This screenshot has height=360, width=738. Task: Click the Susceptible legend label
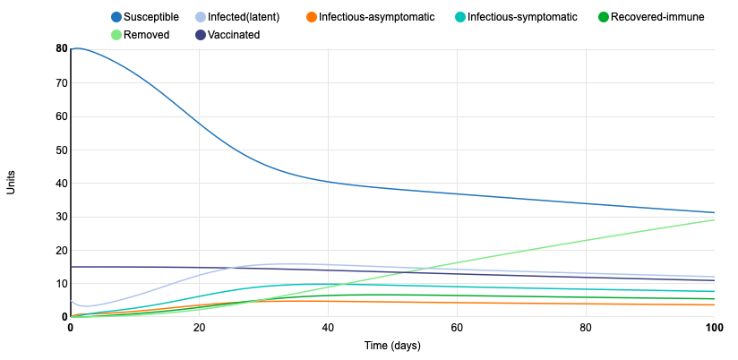click(x=151, y=17)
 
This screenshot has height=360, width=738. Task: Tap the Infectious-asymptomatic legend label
click(x=376, y=17)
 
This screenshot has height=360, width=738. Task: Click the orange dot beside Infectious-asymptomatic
click(x=311, y=17)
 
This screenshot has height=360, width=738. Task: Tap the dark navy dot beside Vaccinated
click(x=202, y=35)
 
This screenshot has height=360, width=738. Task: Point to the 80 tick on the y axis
click(x=62, y=49)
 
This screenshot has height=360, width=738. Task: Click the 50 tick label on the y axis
click(x=62, y=150)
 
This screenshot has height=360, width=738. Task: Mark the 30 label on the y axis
click(x=62, y=217)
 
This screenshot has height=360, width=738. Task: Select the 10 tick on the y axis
click(x=62, y=284)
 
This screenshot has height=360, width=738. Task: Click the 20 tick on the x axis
click(x=199, y=328)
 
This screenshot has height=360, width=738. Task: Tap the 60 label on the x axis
click(x=457, y=328)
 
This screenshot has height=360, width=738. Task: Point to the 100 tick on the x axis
click(x=714, y=328)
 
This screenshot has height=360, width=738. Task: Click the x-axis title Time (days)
click(x=392, y=346)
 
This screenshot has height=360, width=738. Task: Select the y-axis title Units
click(x=12, y=183)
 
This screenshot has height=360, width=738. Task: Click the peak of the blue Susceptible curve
click(x=77, y=48)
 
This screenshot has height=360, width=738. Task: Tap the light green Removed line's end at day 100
click(x=714, y=219)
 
